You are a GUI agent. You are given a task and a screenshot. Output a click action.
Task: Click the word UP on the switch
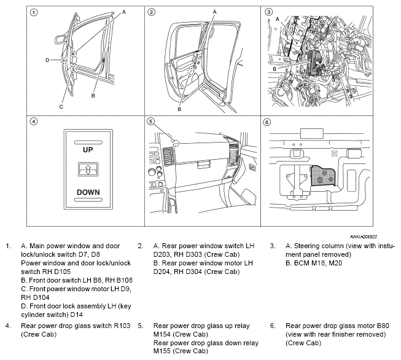click(88, 149)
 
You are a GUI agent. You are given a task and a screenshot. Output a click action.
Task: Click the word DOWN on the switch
click(88, 192)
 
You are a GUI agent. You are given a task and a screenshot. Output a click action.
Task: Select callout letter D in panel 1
click(47, 60)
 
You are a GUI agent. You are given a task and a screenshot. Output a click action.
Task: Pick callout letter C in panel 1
click(61, 106)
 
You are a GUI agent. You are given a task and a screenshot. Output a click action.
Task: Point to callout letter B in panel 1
click(93, 96)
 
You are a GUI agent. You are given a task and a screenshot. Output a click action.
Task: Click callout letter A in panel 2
click(214, 12)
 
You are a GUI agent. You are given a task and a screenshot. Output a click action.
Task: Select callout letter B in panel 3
click(274, 69)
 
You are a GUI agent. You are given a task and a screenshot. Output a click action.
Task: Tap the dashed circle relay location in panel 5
click(176, 143)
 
